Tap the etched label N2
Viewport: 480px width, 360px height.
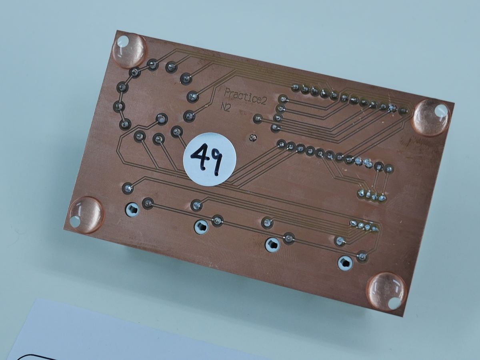click(226, 108)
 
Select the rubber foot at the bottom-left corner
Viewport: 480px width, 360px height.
click(86, 215)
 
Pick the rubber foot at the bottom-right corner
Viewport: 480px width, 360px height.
click(386, 291)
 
